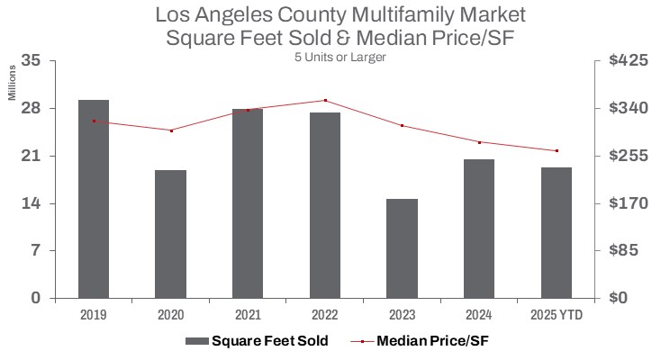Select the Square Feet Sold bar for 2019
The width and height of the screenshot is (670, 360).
94,199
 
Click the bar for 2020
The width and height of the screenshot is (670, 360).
170,234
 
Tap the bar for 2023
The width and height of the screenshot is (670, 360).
403,248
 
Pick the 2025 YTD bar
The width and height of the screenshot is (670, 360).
557,232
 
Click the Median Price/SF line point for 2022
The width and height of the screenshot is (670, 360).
325,100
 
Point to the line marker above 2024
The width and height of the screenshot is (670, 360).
479,142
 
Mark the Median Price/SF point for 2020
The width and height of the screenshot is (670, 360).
171,130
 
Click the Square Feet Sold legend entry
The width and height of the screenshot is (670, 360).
257,341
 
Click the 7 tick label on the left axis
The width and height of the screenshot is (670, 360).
36,250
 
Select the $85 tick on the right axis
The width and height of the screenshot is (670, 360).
630,250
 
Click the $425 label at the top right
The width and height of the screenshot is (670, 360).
627,61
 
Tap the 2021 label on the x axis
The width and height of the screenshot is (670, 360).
248,315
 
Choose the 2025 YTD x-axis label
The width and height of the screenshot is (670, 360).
557,315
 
